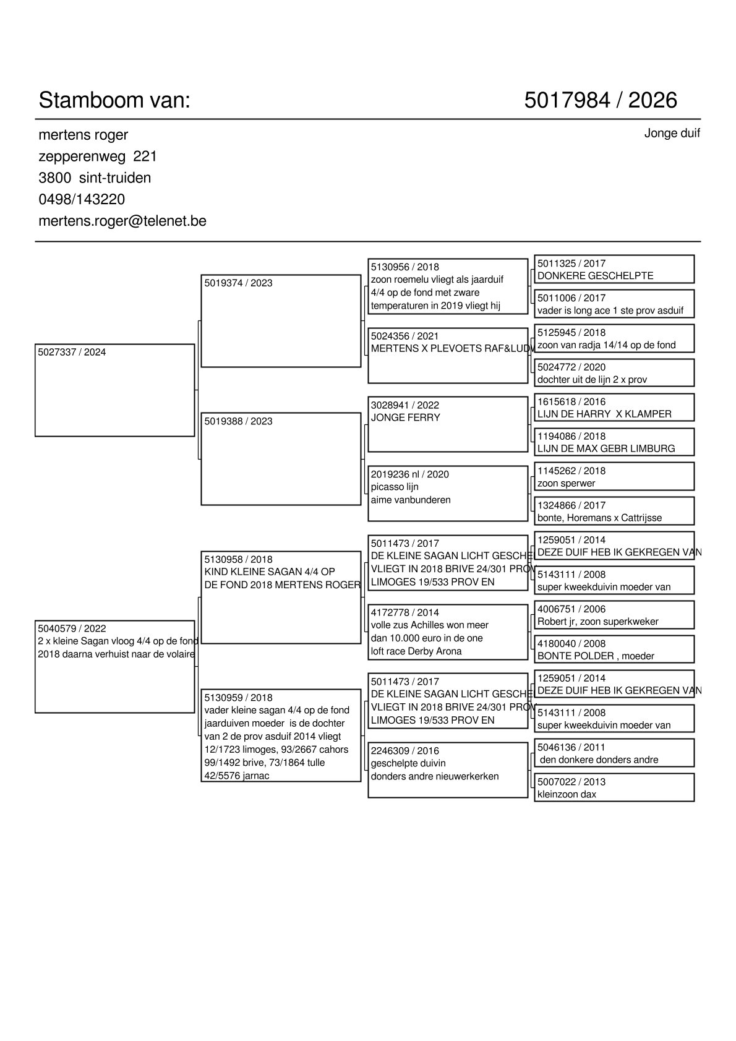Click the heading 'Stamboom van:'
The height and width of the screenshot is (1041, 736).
pyautogui.click(x=114, y=100)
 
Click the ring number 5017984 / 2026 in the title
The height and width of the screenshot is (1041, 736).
pyautogui.click(x=600, y=100)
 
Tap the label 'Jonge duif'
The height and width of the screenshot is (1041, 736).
pyautogui.click(x=672, y=134)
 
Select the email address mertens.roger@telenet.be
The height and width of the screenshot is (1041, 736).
pyautogui.click(x=122, y=221)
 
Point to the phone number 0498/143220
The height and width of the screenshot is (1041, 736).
pyautogui.click(x=82, y=199)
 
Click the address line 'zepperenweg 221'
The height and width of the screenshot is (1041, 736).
pyautogui.click(x=98, y=156)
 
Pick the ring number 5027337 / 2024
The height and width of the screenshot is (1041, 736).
pyautogui.click(x=72, y=353)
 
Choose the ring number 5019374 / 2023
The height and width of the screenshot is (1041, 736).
pyautogui.click(x=238, y=283)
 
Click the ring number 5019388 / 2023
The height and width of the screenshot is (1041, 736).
pyautogui.click(x=238, y=421)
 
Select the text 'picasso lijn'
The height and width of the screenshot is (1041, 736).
pyautogui.click(x=395, y=487)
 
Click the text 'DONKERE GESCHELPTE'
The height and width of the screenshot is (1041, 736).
pyautogui.click(x=595, y=276)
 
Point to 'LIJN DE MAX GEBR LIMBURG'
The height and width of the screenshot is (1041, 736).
pyautogui.click(x=606, y=448)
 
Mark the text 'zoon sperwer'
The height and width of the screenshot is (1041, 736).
pyautogui.click(x=566, y=483)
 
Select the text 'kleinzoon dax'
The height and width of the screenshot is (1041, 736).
pyautogui.click(x=567, y=794)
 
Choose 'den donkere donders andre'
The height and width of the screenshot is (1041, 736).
pyautogui.click(x=599, y=760)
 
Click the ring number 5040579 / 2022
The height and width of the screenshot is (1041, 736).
pyautogui.click(x=72, y=629)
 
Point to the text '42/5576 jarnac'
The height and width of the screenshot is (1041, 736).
pyautogui.click(x=237, y=776)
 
